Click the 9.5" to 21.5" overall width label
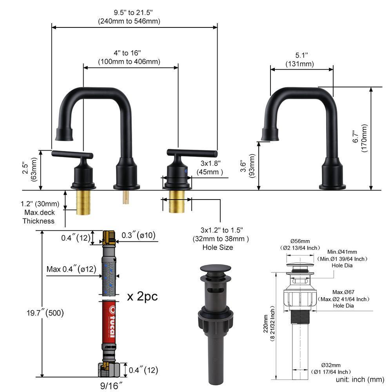tap(129, 17)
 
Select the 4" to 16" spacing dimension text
tap(129, 57)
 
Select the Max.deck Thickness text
tap(38, 217)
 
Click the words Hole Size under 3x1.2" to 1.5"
tap(218, 247)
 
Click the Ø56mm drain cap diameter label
tap(300, 241)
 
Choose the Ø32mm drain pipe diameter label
tap(321, 365)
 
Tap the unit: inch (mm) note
tap(359, 379)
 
